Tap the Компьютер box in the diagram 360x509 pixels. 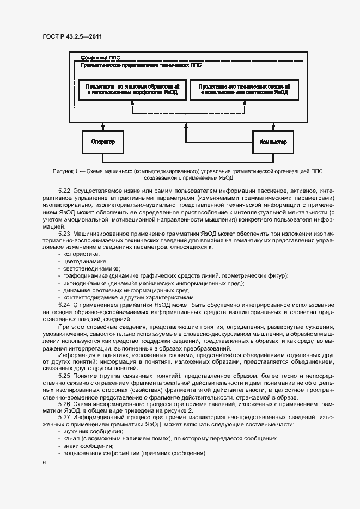pos(273,142)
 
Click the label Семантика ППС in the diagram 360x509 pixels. pos(100,57)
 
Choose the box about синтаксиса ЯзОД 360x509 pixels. pos(243,90)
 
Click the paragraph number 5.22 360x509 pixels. pos(64,190)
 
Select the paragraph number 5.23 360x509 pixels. pos(64,233)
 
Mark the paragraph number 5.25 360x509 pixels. pos(64,376)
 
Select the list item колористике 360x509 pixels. pos(81,254)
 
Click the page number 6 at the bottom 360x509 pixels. pos(44,462)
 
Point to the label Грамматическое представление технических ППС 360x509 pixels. pos(141,64)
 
